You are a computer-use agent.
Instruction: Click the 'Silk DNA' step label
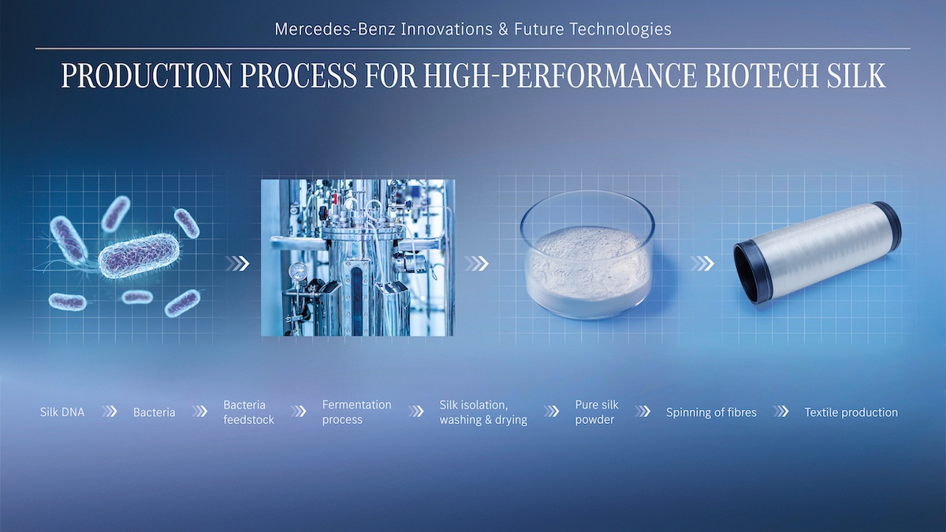62,412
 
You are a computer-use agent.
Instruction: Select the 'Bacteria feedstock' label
249,412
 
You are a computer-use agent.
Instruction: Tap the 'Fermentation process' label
357,412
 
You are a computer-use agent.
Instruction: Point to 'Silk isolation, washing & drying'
483,412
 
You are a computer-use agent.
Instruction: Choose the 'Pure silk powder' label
596,412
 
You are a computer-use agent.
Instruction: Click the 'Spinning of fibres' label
711,412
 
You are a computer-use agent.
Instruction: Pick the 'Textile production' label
851,412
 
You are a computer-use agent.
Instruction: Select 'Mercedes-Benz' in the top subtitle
335,29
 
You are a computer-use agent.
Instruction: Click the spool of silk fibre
818,252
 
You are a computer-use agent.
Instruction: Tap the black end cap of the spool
753,273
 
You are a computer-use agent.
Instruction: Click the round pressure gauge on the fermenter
299,270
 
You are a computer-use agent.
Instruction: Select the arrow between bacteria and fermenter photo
237,263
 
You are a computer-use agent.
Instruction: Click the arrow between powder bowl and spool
702,263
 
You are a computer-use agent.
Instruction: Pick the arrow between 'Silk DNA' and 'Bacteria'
110,411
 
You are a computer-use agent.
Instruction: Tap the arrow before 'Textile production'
781,411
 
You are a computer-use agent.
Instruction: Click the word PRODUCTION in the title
147,76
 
